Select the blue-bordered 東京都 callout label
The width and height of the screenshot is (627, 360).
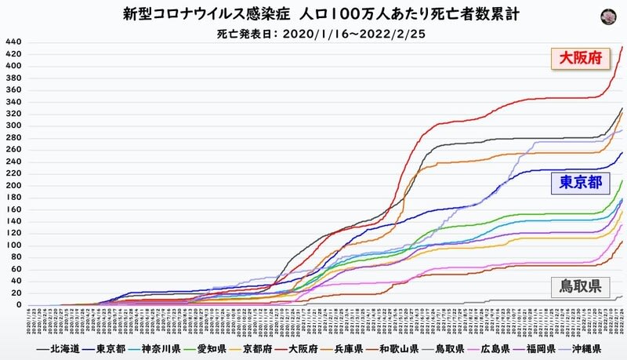tap(581, 183)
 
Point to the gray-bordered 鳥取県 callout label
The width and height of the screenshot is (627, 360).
tap(581, 286)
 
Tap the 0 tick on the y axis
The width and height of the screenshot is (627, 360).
tap(17, 305)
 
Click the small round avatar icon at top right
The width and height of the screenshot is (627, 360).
tap(607, 16)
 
